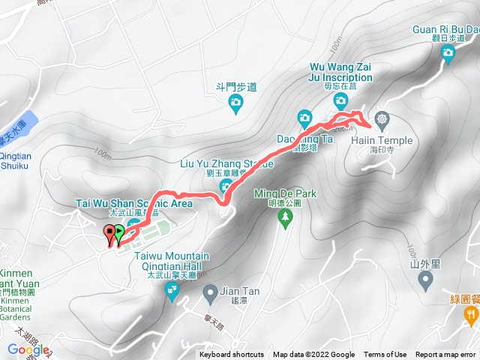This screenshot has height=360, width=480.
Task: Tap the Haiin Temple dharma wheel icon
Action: click(382, 120)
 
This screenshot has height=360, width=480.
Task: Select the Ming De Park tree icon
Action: click(285, 217)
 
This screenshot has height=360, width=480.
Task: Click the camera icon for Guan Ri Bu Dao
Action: click(448, 52)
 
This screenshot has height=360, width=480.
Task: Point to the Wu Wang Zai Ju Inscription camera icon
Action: click(340, 100)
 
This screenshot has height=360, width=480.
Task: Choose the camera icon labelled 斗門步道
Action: click(236, 102)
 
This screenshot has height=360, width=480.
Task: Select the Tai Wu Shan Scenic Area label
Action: click(134, 202)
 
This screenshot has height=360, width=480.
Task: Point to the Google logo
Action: click(28, 349)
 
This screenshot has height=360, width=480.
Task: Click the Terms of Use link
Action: click(385, 355)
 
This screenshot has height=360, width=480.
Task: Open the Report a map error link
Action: click(445, 355)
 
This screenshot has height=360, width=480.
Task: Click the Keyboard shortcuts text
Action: click(231, 355)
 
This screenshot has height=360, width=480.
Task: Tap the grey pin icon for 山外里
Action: click(426, 280)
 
